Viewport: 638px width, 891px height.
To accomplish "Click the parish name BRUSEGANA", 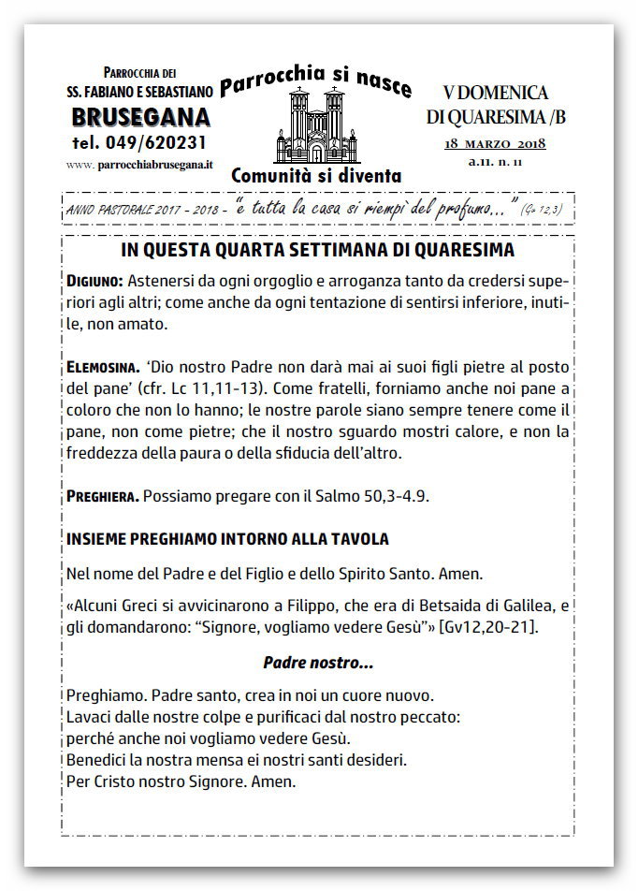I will (140, 119).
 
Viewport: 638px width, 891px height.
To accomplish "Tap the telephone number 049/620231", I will (139, 142).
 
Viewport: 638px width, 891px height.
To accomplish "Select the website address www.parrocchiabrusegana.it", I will (140, 164).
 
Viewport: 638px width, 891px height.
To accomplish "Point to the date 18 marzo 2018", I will (496, 143).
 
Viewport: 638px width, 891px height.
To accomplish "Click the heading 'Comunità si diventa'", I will (316, 175).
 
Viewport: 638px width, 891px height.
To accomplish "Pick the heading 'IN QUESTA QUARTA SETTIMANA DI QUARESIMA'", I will (318, 252).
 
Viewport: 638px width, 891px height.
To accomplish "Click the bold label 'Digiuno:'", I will (94, 280).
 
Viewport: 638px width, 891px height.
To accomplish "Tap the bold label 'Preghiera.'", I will (103, 494).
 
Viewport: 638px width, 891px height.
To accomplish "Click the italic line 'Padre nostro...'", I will (318, 663).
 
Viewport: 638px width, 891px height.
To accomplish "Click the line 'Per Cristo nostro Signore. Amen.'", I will (181, 779).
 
